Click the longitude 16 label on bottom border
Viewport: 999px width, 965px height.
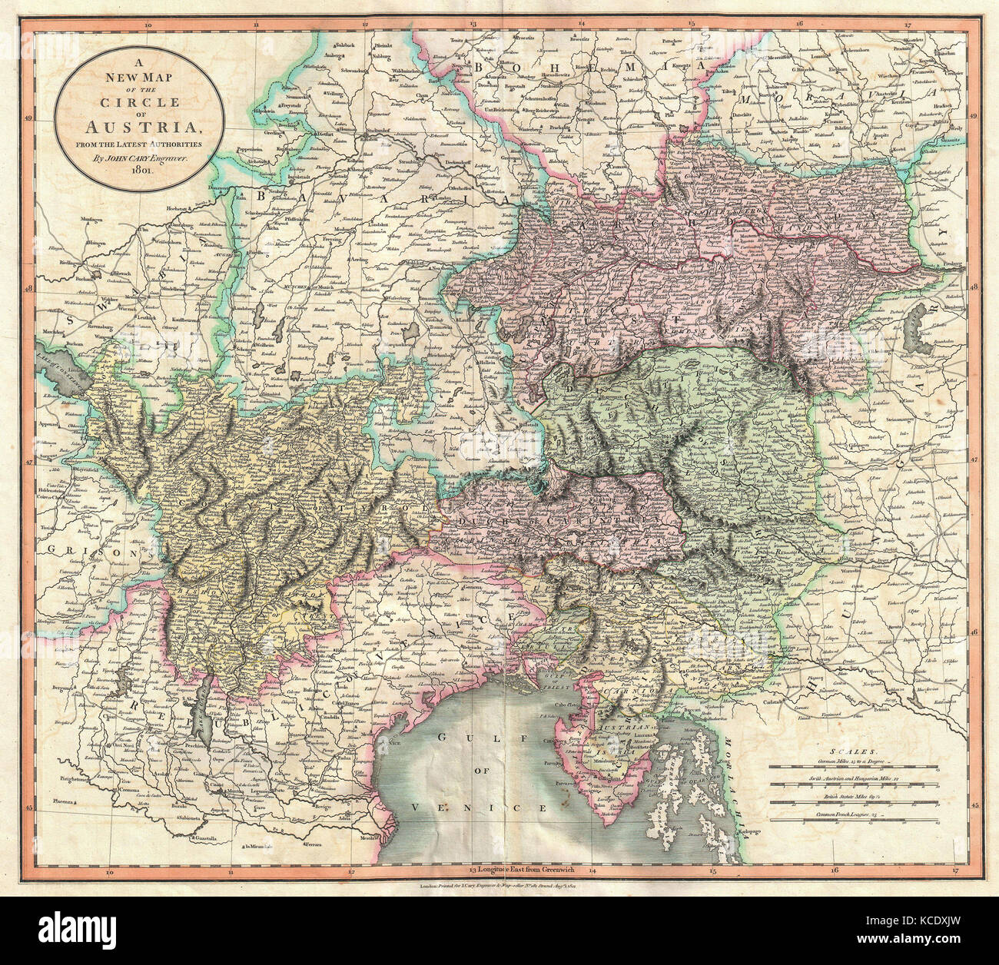834,870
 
